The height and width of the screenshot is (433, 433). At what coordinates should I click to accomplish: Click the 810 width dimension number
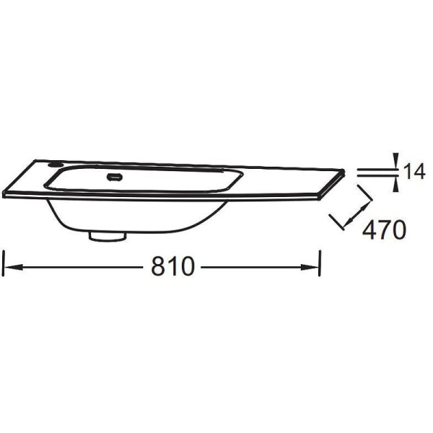coord(173,266)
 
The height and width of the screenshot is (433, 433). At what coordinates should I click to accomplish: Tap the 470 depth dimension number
coord(384,229)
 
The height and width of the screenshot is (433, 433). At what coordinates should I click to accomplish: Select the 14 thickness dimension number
coord(414,171)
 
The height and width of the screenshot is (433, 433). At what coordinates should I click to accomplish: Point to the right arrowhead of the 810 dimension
coord(310,267)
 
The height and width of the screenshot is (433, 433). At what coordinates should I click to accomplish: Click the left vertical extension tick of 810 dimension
coord(4,263)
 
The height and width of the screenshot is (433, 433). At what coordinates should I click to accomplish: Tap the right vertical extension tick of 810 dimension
coord(320,263)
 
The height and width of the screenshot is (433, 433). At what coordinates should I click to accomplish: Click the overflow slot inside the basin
coord(115,177)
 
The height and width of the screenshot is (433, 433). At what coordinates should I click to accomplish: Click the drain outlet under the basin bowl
coord(108,237)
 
